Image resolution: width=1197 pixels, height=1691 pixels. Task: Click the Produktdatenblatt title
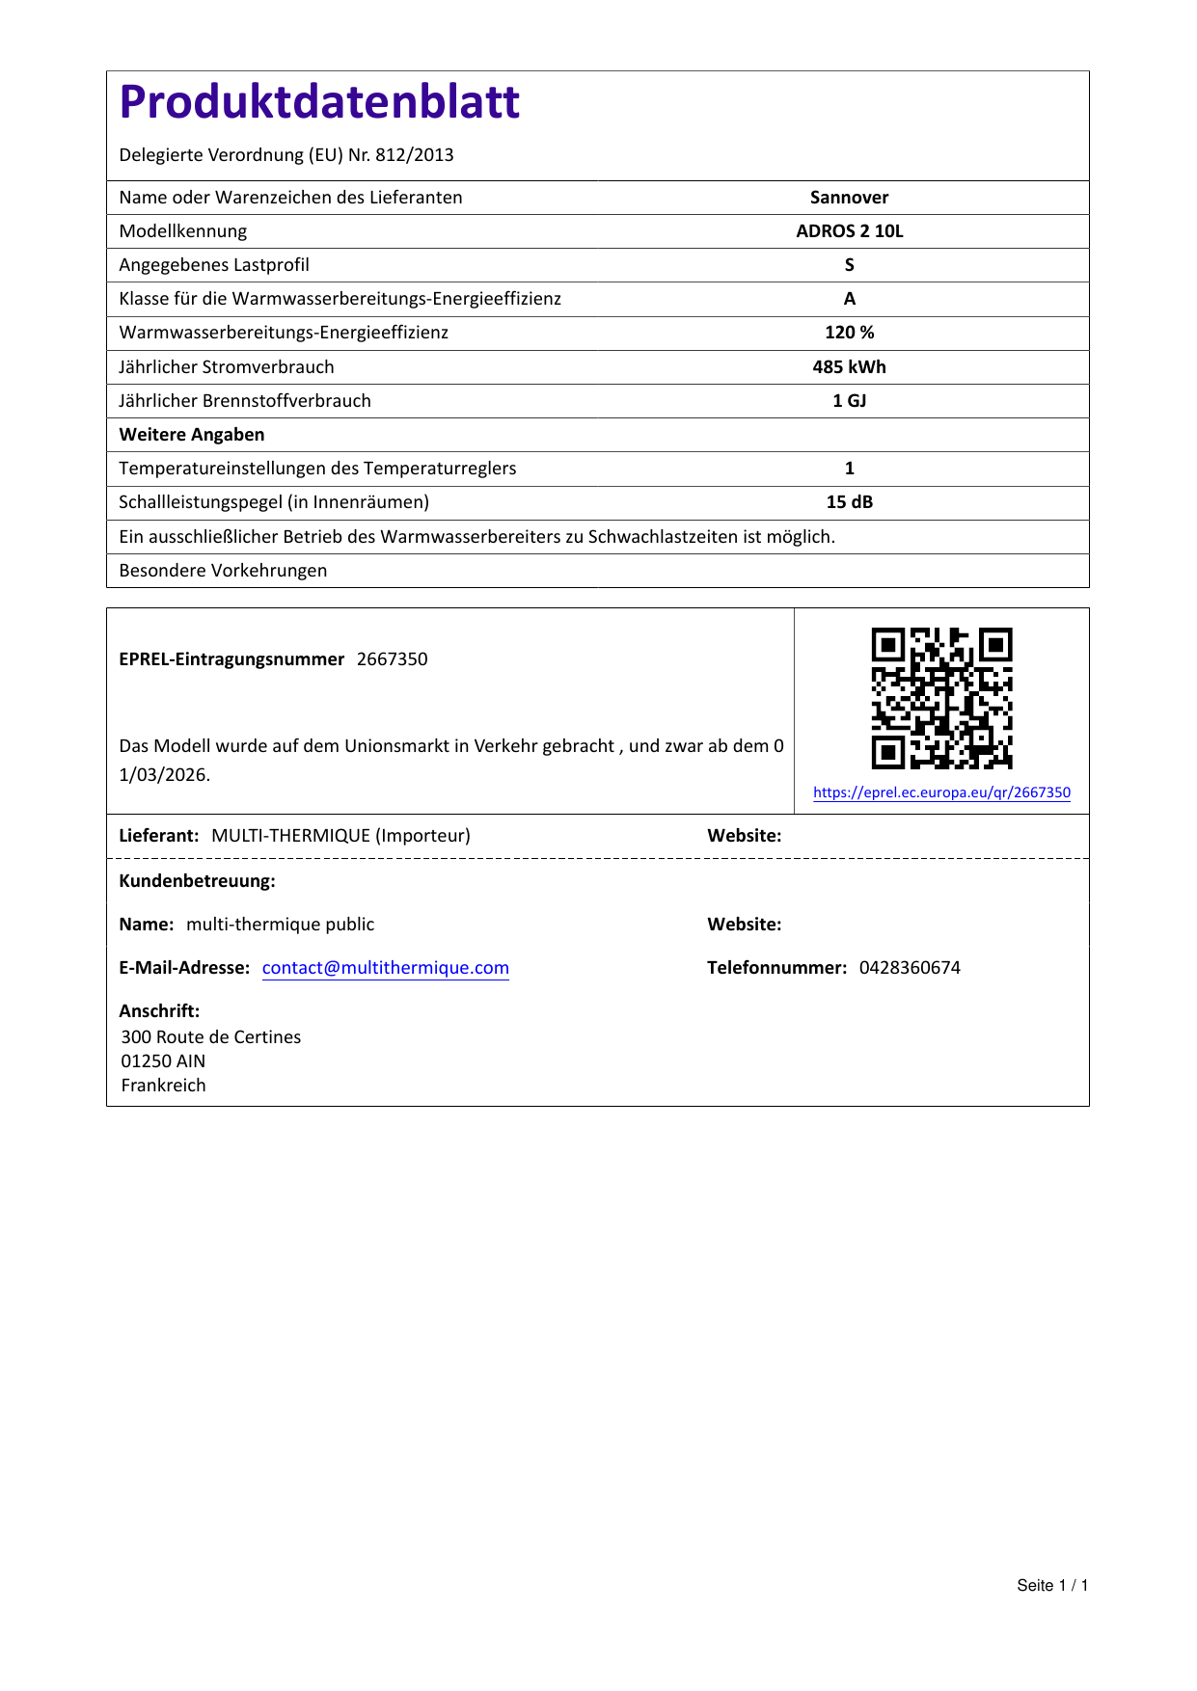(x=319, y=102)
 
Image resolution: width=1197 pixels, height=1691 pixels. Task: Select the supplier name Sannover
(x=849, y=198)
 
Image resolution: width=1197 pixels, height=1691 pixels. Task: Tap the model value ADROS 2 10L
(x=849, y=231)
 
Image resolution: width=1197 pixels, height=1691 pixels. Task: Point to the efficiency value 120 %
(x=849, y=333)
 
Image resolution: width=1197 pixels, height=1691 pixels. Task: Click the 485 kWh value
(x=849, y=367)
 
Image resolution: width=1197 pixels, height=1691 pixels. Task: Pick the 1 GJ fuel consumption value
(x=849, y=401)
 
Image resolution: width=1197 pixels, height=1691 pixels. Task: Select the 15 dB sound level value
(x=849, y=502)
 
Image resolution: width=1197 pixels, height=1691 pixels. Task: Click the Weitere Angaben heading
(x=192, y=435)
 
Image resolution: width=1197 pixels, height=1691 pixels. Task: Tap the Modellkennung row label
(x=183, y=231)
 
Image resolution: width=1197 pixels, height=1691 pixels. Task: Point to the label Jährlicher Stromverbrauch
(x=227, y=367)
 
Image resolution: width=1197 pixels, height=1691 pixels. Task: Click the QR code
(x=941, y=698)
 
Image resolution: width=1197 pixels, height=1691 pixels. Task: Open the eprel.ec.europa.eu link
(x=941, y=792)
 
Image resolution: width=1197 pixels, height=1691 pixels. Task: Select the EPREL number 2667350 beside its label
(x=392, y=659)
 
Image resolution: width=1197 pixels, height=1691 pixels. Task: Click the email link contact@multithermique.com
(x=386, y=968)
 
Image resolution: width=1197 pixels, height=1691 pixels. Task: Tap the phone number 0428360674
(x=910, y=968)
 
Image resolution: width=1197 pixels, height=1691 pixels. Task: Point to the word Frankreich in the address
(x=164, y=1086)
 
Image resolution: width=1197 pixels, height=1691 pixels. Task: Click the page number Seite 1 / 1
(x=1052, y=1586)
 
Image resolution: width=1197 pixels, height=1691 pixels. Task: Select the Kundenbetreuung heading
(x=198, y=881)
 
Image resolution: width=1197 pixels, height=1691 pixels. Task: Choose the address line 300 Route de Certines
(x=211, y=1037)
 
